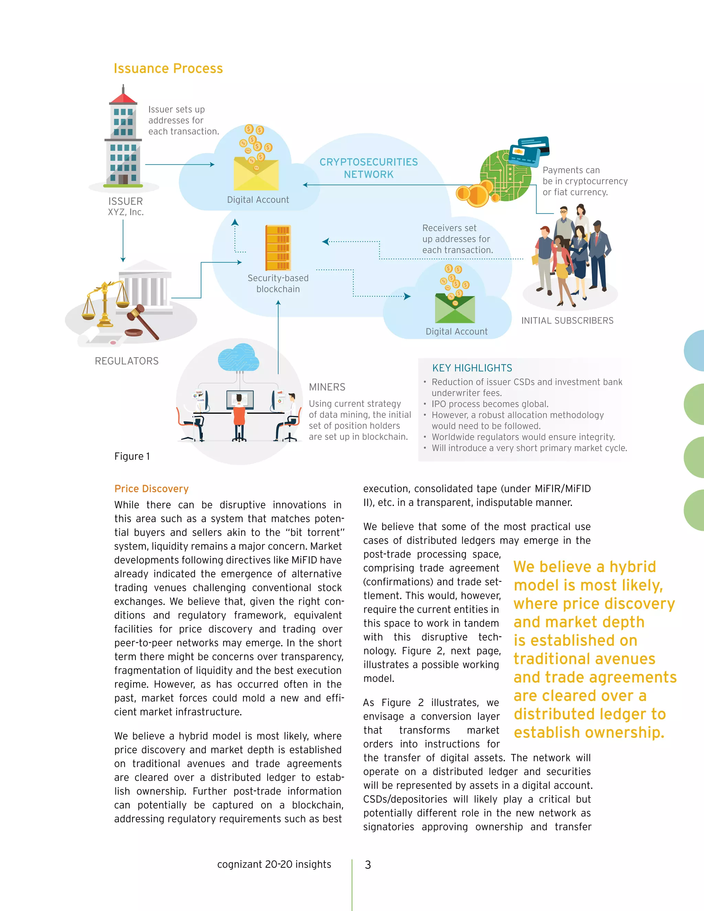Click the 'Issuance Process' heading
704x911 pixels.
[168, 68]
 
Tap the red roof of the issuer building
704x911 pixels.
[123, 99]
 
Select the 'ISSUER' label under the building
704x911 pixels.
[125, 201]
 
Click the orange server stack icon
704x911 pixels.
[278, 248]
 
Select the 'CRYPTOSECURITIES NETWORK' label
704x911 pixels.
[369, 168]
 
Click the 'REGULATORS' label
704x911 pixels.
[126, 361]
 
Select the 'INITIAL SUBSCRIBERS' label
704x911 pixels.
[567, 320]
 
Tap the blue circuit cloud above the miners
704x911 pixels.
[238, 358]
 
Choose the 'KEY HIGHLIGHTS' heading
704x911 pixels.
[472, 368]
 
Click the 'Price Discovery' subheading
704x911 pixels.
[151, 489]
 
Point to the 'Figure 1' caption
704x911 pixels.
[132, 456]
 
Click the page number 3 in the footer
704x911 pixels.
[368, 865]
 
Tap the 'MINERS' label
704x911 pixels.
[327, 387]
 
